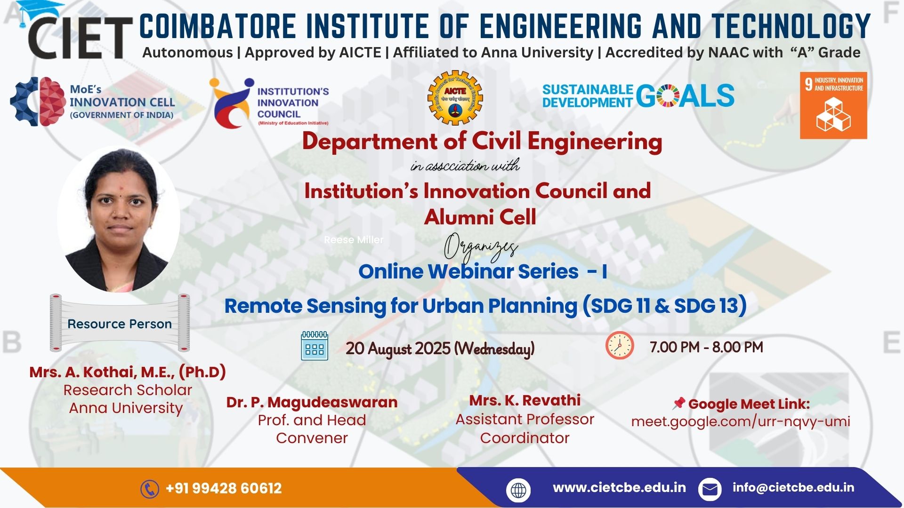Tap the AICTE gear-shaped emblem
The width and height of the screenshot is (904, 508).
pos(455,98)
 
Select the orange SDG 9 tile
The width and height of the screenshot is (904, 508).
pos(833,105)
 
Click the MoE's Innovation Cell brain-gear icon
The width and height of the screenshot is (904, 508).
pos(38,102)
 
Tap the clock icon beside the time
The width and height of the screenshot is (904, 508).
pos(620,345)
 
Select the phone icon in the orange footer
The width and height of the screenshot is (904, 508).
pos(150,489)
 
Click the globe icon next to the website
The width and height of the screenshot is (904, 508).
pos(518,490)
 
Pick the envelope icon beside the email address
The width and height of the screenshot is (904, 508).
pos(710,490)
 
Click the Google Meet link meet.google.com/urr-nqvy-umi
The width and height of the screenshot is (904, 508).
pos(741,421)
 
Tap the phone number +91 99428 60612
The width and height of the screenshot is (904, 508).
pos(224,488)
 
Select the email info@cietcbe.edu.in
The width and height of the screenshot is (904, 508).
pos(793,487)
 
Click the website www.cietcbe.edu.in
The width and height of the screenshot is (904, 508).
pos(619,487)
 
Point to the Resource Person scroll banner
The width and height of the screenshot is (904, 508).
pos(120,323)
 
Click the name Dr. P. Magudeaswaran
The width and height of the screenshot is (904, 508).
pos(312,403)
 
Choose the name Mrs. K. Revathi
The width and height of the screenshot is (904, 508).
pos(525,400)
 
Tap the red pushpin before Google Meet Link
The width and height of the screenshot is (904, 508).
pos(678,403)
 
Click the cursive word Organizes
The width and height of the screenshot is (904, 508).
pos(481,248)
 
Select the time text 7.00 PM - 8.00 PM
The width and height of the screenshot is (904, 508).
pos(706,347)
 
